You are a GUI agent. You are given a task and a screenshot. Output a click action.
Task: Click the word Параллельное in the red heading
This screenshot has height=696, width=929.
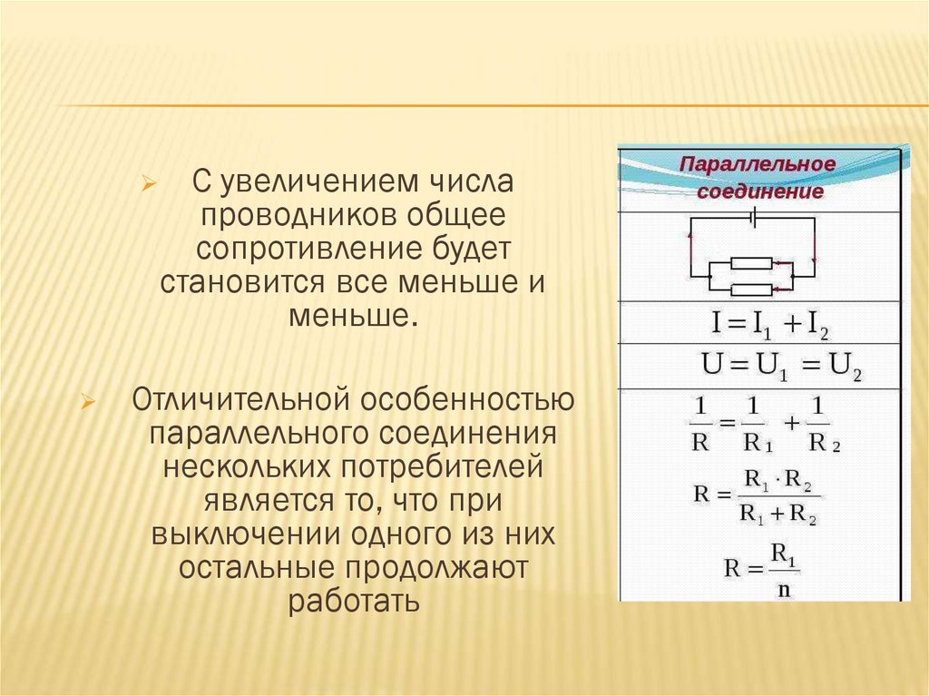757,165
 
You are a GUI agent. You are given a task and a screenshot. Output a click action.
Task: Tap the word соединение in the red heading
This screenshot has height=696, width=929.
760,191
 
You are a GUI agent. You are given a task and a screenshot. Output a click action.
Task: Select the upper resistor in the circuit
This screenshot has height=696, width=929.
751,263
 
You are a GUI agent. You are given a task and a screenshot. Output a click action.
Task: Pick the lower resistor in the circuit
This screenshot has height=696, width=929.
751,289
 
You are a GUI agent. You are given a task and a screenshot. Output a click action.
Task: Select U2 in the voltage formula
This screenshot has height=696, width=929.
843,368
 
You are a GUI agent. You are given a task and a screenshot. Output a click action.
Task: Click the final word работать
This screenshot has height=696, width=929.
353,601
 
